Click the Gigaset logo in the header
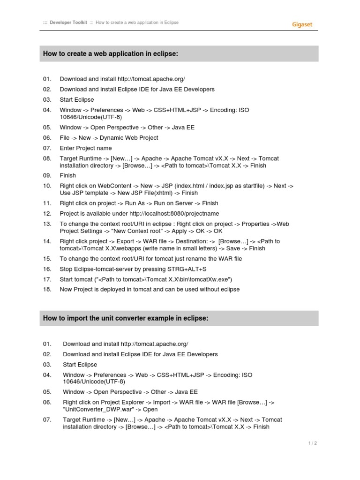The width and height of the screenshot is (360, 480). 302,23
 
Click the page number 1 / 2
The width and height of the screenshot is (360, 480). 313,443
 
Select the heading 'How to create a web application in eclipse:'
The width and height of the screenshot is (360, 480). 111,54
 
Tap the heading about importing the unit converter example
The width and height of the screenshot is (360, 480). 126,318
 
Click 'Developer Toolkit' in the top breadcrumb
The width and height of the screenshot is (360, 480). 68,22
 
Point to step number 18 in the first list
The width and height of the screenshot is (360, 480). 47,289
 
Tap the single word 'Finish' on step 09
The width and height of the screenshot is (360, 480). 68,175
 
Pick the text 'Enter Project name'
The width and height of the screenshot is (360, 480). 86,148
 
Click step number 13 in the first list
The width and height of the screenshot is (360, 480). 47,224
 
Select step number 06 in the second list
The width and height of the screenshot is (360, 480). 47,402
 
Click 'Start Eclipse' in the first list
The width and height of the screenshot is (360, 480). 77,99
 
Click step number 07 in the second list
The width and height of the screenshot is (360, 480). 47,420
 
